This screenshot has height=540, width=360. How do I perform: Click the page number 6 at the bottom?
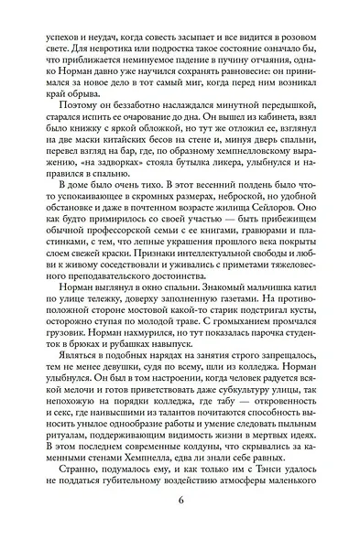pyautogui.click(x=180, y=525)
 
